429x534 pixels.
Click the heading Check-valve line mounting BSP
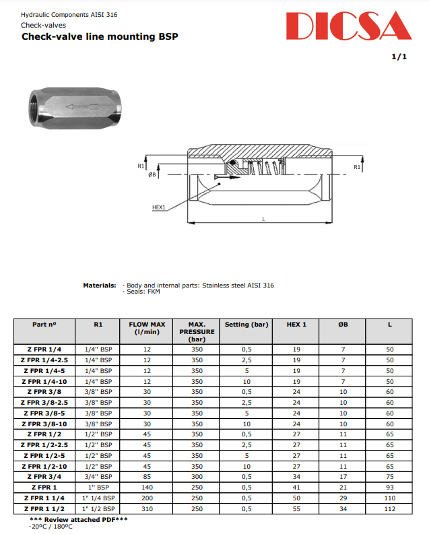(x=100, y=36)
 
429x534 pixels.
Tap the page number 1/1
(x=399, y=57)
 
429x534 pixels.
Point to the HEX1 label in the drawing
(x=158, y=207)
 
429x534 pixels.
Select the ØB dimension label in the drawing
(x=152, y=174)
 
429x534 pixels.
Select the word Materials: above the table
(x=99, y=286)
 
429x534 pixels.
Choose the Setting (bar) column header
(x=246, y=325)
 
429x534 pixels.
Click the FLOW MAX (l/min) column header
(x=147, y=328)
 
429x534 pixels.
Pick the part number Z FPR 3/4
(x=44, y=476)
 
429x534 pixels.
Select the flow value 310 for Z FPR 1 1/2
(x=147, y=508)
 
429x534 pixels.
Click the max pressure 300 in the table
(x=197, y=476)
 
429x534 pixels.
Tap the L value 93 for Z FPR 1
(x=389, y=487)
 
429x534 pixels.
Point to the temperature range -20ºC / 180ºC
(x=50, y=526)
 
